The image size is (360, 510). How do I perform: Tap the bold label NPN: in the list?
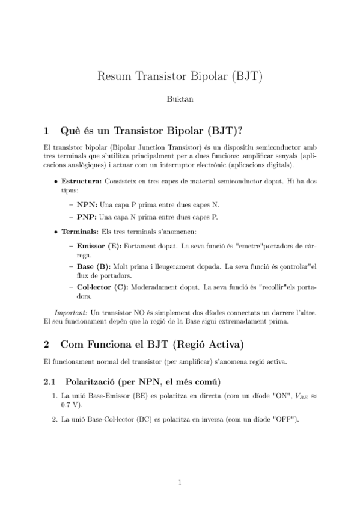click(87, 204)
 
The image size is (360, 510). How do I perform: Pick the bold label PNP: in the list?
click(87, 217)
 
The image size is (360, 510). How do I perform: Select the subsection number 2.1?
click(50, 382)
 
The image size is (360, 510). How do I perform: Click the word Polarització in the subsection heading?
click(91, 382)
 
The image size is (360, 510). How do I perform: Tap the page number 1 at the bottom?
click(180, 481)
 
